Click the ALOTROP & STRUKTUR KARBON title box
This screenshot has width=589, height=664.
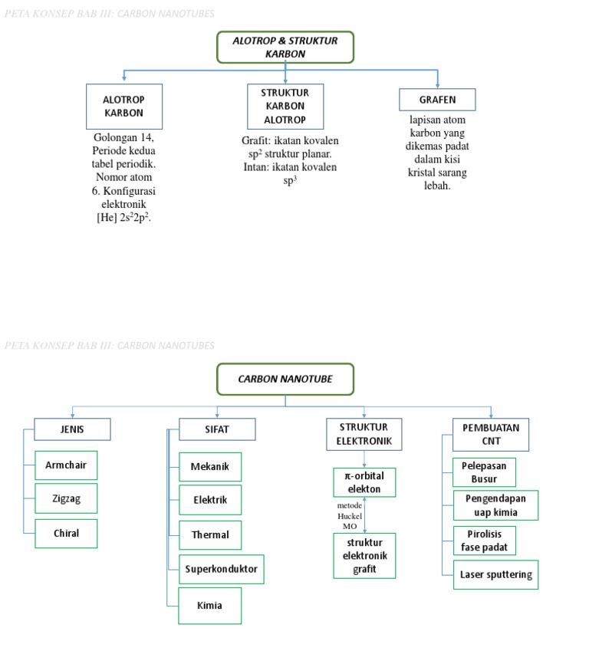point(285,47)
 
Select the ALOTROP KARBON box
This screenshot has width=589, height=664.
point(123,107)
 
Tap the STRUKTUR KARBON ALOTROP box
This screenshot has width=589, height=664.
point(285,107)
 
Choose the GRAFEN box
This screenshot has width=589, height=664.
point(437,100)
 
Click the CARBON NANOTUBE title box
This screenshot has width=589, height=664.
point(285,379)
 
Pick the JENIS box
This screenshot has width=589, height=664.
point(72,429)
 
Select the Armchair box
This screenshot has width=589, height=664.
point(66,465)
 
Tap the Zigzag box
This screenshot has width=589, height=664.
point(66,498)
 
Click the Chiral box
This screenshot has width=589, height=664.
point(66,534)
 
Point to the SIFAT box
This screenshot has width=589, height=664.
point(217,429)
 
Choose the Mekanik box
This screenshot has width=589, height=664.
point(209,467)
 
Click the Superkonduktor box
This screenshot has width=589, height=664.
point(221,569)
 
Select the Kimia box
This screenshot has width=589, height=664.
point(209,606)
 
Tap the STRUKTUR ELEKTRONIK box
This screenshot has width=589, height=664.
point(364,434)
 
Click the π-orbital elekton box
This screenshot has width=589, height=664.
point(364,482)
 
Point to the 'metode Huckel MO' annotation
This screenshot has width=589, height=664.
point(349,515)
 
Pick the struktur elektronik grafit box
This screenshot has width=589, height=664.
point(364,556)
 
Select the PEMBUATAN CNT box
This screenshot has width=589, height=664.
point(491,434)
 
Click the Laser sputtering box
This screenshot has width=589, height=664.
point(495,574)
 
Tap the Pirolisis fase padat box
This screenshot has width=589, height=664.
point(484,541)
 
